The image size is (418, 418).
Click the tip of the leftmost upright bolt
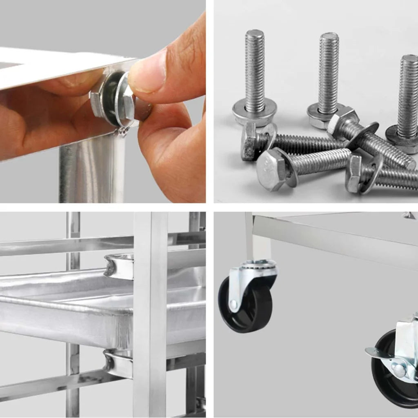pyautogui.click(x=255, y=33)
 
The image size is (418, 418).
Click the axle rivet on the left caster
pyautogui.click(x=233, y=304)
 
